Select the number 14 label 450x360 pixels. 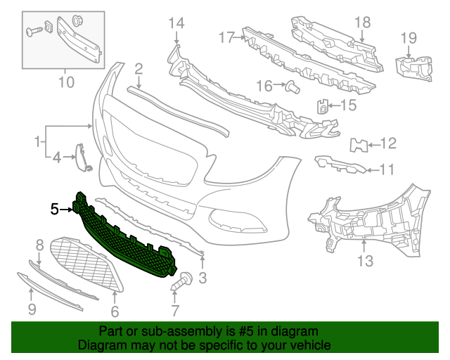point(176,24)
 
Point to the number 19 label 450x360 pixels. point(409,37)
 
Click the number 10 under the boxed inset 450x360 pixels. point(65,83)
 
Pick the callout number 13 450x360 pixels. point(365,262)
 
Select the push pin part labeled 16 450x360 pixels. point(292,86)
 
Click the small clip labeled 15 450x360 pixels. point(321,107)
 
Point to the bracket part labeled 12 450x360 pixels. point(358,145)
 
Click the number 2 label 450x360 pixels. point(139,68)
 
